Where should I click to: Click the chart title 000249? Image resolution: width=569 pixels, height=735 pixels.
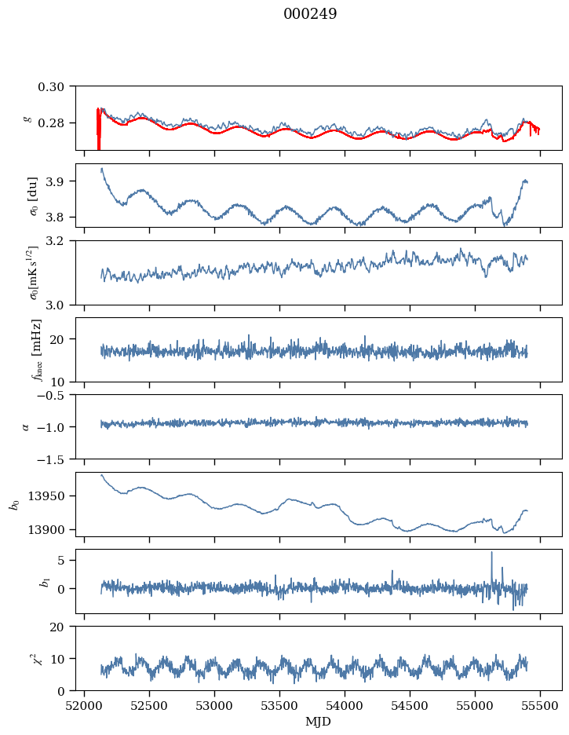[x=310, y=14]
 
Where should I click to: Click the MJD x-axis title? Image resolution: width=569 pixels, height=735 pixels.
[x=319, y=721]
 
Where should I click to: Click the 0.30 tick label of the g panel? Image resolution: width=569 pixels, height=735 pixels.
[x=57, y=86]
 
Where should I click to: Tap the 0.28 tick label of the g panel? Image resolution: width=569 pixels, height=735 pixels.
[x=57, y=123]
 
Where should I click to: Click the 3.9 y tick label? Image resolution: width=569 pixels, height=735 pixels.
[x=60, y=181]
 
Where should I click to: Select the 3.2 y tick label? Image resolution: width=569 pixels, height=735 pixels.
[x=60, y=240]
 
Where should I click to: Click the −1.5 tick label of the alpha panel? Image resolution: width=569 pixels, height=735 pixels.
[x=56, y=459]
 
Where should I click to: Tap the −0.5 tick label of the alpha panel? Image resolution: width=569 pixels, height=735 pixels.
[x=56, y=395]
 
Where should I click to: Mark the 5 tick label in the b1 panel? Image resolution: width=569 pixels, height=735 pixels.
[x=66, y=560]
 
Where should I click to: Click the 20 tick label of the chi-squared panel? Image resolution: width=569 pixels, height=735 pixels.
[x=63, y=627]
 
